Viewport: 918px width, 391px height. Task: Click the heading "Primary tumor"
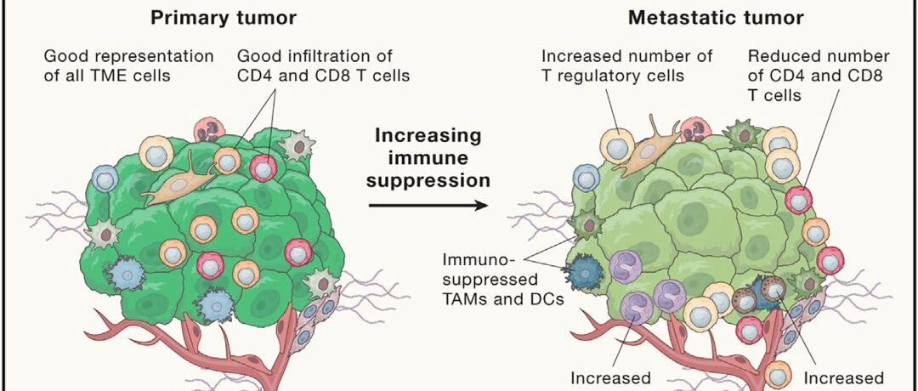tap(224, 18)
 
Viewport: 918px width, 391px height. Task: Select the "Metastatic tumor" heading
tap(716, 18)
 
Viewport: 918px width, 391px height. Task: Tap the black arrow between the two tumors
tap(428, 205)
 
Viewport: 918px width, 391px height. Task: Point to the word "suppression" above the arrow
tap(428, 179)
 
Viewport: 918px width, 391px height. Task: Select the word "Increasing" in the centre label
tap(428, 136)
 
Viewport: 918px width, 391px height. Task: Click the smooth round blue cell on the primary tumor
tap(105, 178)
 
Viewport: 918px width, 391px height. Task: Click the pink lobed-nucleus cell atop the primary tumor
tap(210, 131)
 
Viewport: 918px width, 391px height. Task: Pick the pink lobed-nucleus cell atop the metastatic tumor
tap(696, 129)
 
